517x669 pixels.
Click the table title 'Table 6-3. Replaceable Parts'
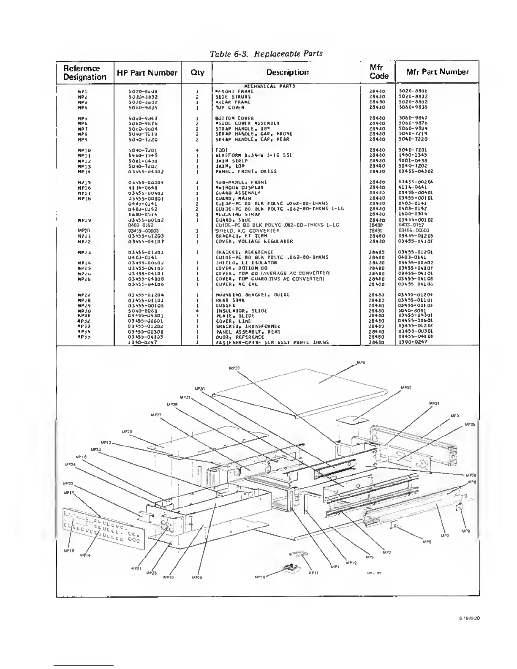(x=266, y=54)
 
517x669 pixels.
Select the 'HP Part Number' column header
(x=147, y=73)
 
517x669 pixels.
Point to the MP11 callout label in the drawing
(x=313, y=573)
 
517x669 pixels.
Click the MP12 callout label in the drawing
(x=351, y=563)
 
